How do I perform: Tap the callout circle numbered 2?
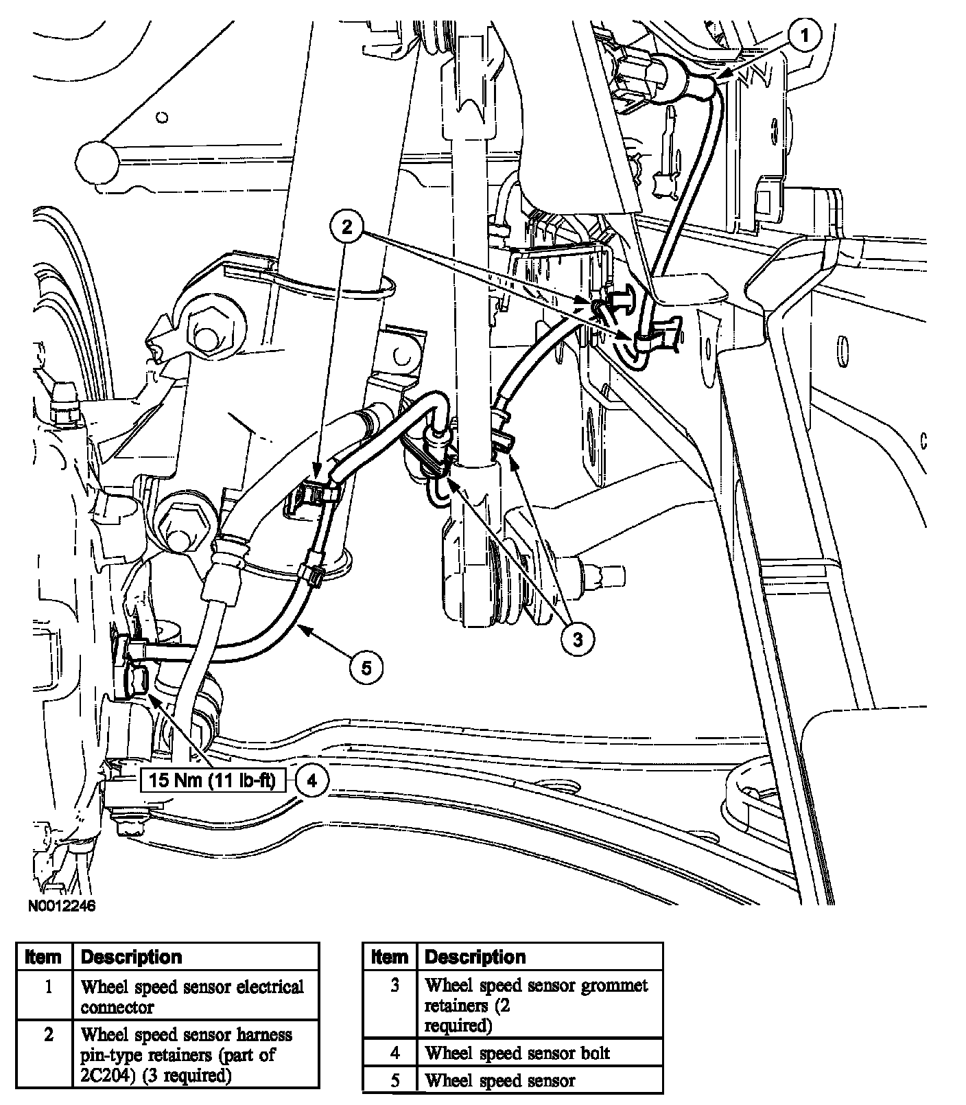coord(347,226)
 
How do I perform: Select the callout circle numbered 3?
coord(577,640)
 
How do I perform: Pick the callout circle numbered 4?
coord(312,780)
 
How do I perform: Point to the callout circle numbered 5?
coord(366,666)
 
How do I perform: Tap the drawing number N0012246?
coord(61,906)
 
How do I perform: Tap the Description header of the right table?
coord(475,957)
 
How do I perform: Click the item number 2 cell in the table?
coord(48,1035)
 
